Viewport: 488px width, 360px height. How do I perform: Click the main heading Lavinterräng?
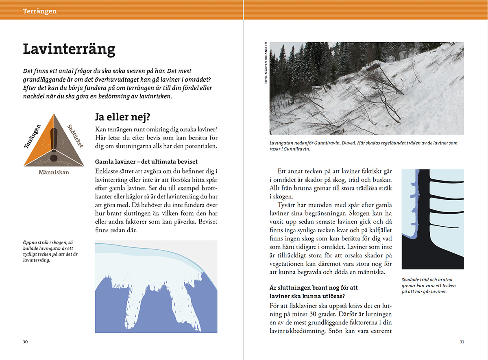(x=69, y=49)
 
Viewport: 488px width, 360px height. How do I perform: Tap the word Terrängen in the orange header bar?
(x=40, y=11)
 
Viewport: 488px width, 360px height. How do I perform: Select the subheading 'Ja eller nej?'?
(x=122, y=118)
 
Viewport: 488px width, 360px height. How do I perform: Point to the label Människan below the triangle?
(x=54, y=172)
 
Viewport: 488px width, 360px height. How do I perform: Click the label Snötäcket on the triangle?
(x=75, y=137)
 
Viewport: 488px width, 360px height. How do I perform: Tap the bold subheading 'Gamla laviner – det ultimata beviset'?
(x=146, y=161)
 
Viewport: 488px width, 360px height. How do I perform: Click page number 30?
(x=25, y=342)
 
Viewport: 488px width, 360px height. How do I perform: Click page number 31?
(x=462, y=342)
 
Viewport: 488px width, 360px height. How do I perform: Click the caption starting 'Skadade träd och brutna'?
(x=428, y=286)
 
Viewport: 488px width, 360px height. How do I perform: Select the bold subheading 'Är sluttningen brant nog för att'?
(x=314, y=288)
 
